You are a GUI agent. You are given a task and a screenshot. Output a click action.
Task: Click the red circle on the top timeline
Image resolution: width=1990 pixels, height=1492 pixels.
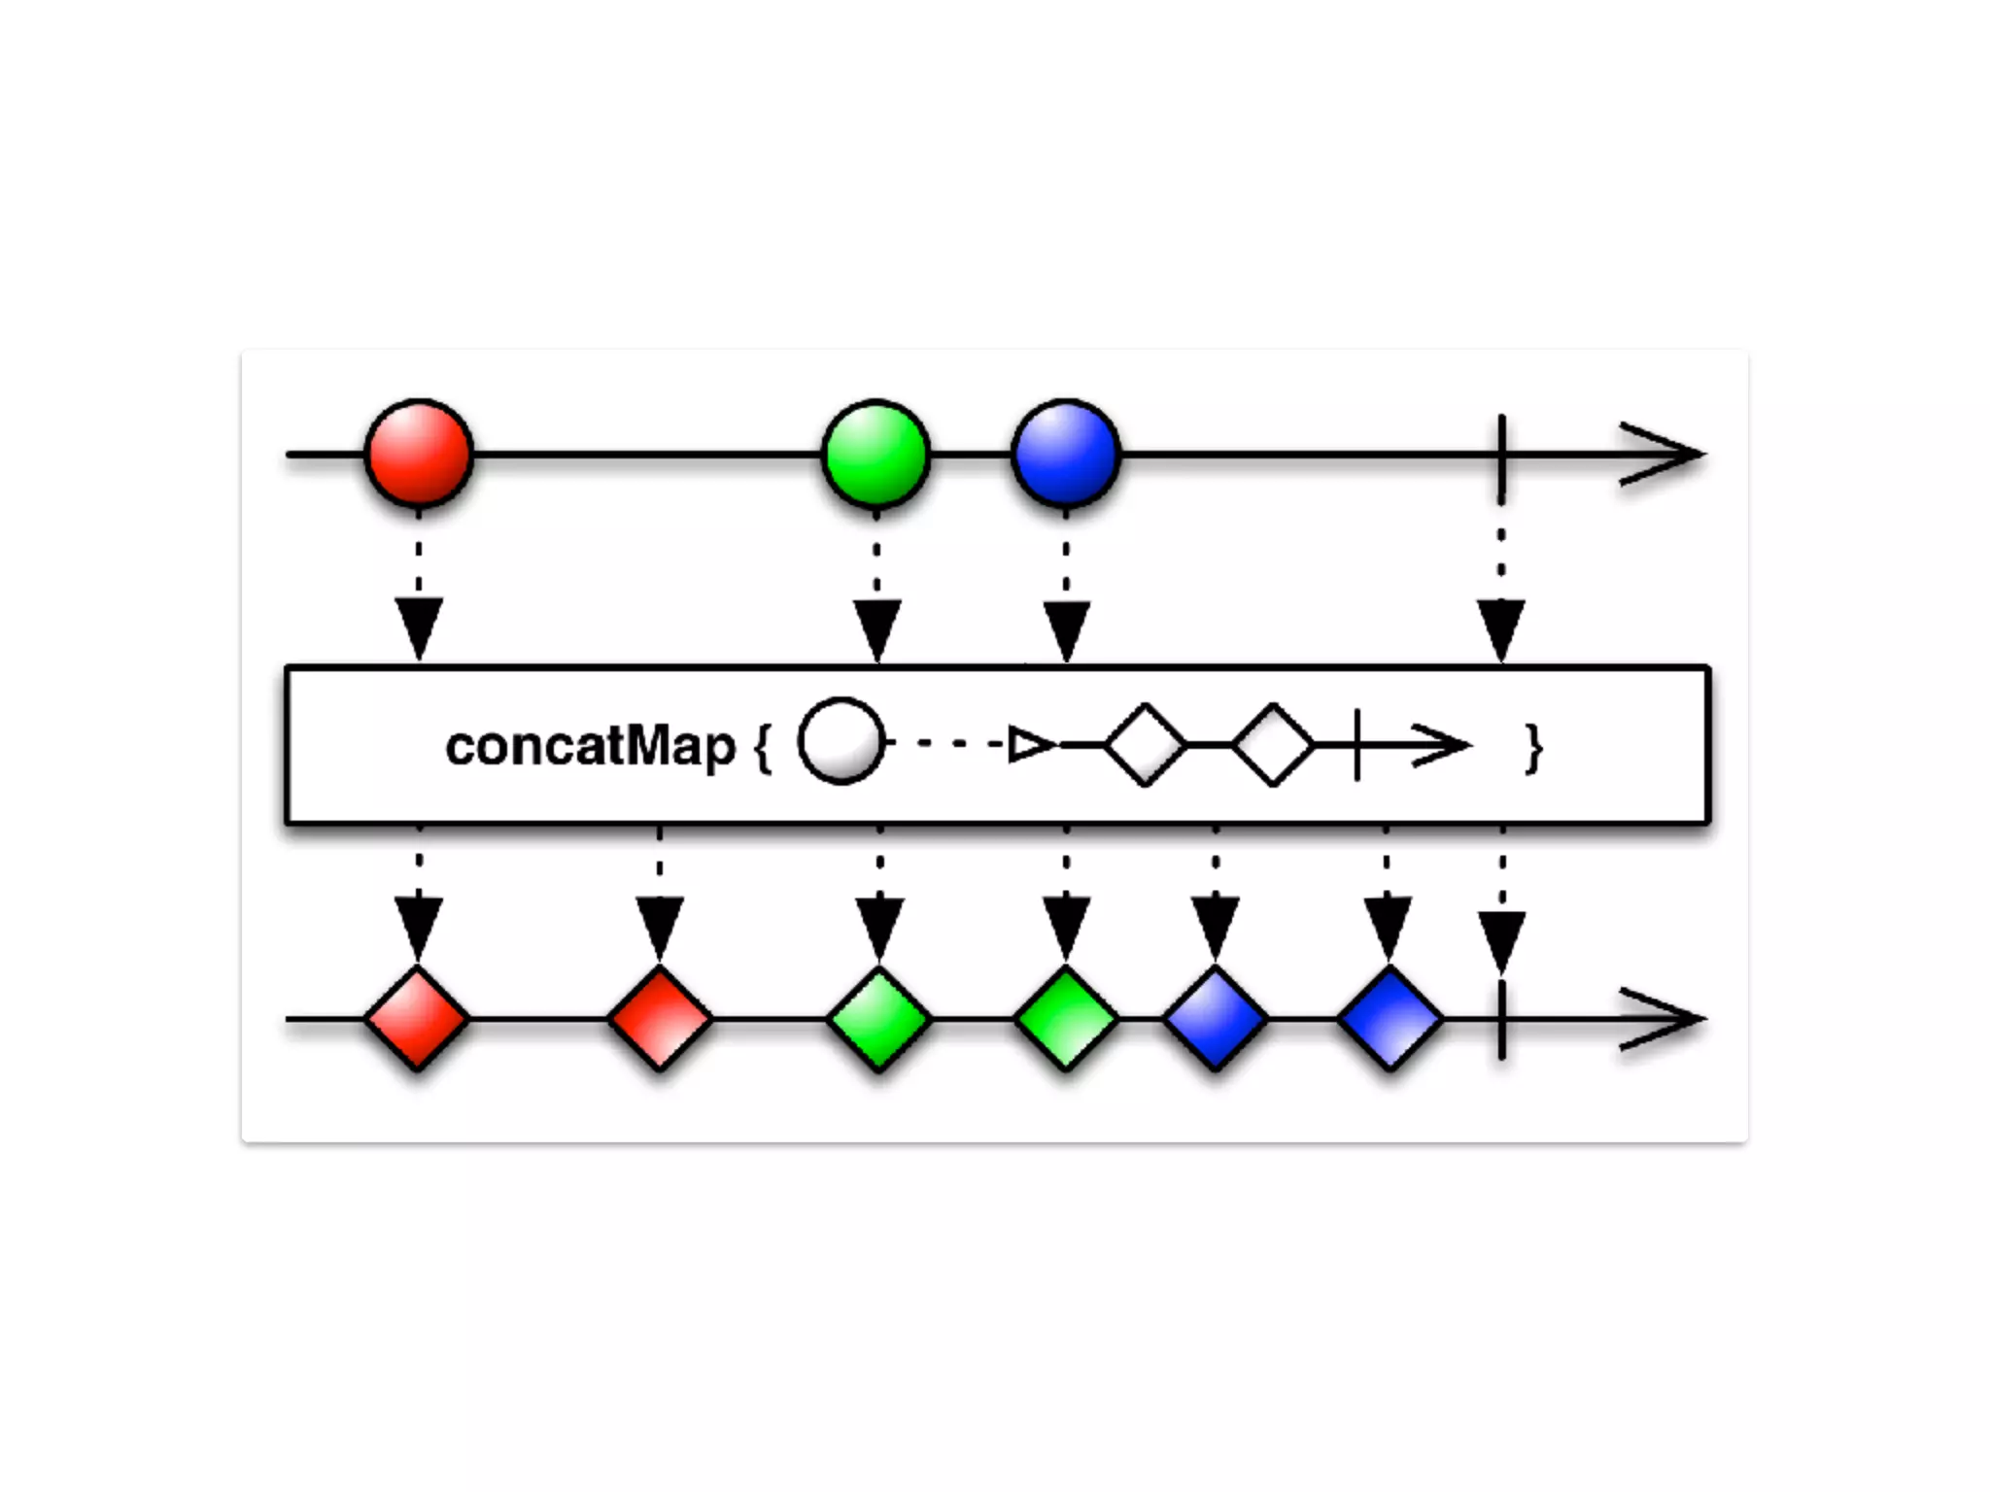click(x=419, y=454)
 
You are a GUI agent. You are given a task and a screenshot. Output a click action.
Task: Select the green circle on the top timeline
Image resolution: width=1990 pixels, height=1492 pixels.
click(x=876, y=454)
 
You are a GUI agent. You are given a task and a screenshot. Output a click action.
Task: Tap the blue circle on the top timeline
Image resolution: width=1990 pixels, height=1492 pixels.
click(x=1066, y=454)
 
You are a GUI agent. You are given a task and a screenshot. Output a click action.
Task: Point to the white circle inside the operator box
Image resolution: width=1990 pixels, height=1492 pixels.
click(x=841, y=742)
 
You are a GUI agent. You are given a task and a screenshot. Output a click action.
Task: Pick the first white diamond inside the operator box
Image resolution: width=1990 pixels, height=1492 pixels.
click(x=1146, y=744)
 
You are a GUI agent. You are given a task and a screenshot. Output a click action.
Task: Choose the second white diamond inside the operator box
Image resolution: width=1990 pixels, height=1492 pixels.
click(x=1273, y=744)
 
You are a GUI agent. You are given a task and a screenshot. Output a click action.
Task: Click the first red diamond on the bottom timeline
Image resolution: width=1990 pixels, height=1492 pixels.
click(x=418, y=1019)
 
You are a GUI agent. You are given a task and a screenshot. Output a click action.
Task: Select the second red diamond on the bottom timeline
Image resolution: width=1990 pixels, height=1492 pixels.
click(x=660, y=1019)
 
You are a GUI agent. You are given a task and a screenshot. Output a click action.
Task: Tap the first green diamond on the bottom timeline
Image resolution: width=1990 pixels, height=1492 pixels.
click(x=879, y=1019)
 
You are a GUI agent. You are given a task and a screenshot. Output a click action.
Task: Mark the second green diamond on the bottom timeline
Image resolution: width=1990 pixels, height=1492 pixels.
click(x=1066, y=1019)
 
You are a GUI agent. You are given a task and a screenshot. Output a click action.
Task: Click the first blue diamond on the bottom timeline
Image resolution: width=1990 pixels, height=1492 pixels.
click(x=1216, y=1019)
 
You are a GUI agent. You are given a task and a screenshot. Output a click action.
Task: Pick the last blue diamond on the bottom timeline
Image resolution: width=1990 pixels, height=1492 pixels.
click(x=1390, y=1019)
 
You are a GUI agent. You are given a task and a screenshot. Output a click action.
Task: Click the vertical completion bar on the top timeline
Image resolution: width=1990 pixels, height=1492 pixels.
click(x=1502, y=457)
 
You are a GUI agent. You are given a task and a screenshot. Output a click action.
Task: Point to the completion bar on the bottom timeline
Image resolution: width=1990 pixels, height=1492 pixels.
click(x=1502, y=1020)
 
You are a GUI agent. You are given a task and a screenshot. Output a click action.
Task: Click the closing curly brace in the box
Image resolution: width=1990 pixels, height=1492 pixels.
click(x=1533, y=748)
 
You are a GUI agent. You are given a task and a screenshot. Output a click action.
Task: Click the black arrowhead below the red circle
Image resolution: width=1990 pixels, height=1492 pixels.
click(x=419, y=628)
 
